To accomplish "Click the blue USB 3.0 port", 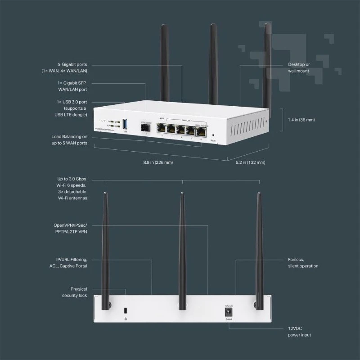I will [x=125, y=124].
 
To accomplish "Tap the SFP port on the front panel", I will [x=145, y=128].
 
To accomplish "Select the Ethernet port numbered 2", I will [x=162, y=128].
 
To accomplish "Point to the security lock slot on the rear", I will [x=125, y=311].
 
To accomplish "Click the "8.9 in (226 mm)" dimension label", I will [x=155, y=162].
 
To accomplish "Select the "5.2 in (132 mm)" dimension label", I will [x=251, y=162].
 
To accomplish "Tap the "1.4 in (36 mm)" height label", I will [x=301, y=120].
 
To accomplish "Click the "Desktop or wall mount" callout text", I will [x=299, y=67].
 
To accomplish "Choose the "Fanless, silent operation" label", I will [x=303, y=263].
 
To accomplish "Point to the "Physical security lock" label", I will [x=75, y=292].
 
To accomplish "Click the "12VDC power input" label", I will [x=299, y=332].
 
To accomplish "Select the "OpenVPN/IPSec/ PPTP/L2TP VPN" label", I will [x=70, y=228].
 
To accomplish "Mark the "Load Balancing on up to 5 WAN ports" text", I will [x=69, y=139].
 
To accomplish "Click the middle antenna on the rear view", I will [x=182, y=247].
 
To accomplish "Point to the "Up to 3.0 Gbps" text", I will [x=75, y=180].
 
